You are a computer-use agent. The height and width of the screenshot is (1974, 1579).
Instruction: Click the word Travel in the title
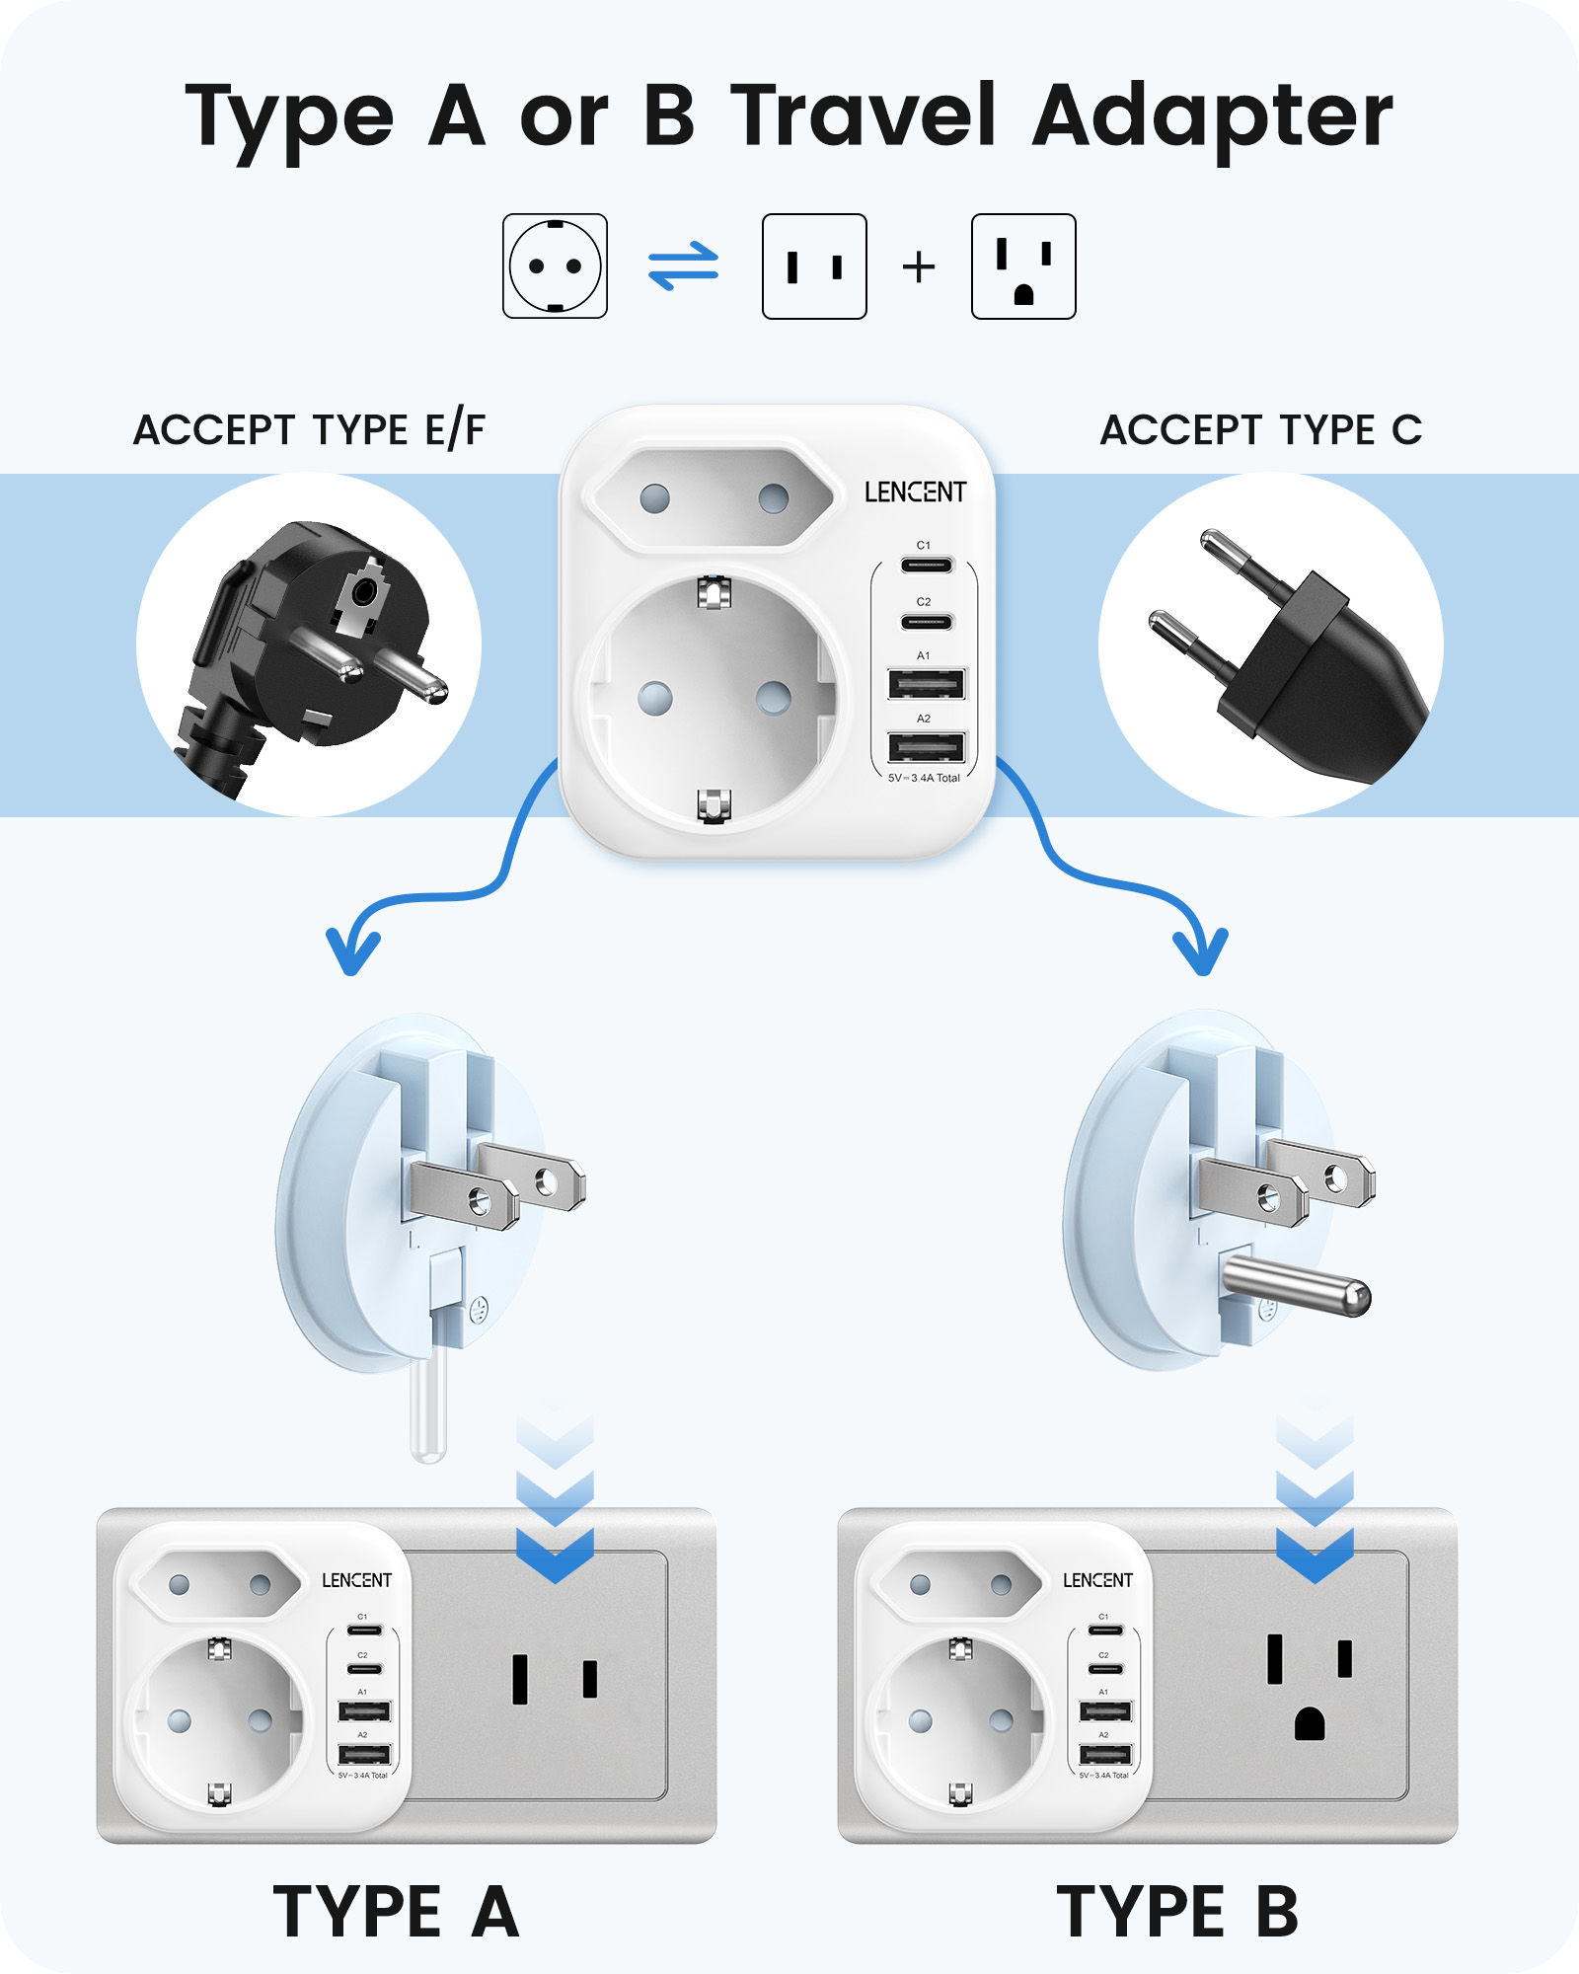[x=864, y=115]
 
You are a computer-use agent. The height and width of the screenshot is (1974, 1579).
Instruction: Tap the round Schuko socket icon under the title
[x=555, y=266]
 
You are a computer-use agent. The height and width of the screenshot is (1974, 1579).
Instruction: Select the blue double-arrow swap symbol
[x=683, y=266]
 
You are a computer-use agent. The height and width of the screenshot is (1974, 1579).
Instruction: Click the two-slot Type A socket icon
[x=814, y=266]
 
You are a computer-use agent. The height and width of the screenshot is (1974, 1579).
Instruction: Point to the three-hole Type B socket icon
[x=1023, y=266]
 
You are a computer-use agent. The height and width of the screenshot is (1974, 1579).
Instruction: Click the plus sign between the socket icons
[x=919, y=267]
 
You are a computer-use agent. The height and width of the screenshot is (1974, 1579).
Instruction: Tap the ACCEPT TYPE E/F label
[x=309, y=430]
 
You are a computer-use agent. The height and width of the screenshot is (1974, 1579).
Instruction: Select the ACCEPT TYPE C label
[x=1261, y=430]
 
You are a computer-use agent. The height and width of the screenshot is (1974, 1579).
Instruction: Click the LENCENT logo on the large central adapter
[x=915, y=492]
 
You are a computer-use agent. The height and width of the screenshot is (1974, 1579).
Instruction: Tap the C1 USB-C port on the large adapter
[x=926, y=566]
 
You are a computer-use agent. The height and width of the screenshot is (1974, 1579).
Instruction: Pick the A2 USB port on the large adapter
[x=926, y=747]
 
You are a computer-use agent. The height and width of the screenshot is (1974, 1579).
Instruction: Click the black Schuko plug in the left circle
[x=316, y=642]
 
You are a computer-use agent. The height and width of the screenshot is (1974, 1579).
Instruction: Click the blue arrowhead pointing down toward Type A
[x=352, y=952]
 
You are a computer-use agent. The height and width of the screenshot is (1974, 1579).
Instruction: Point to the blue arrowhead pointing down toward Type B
[x=1201, y=952]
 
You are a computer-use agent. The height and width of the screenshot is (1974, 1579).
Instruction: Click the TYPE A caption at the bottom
[x=396, y=1912]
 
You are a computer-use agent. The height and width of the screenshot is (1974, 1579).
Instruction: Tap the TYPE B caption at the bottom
[x=1177, y=1912]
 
